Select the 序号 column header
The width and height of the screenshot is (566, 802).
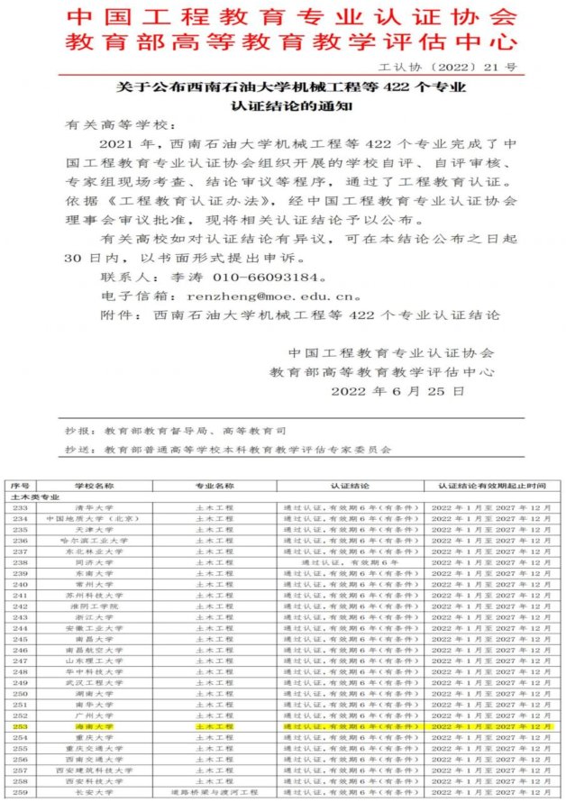[20, 487]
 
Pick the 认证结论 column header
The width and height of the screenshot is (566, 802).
[345, 487]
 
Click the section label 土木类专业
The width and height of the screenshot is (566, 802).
[34, 497]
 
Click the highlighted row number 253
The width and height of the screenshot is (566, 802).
[20, 725]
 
